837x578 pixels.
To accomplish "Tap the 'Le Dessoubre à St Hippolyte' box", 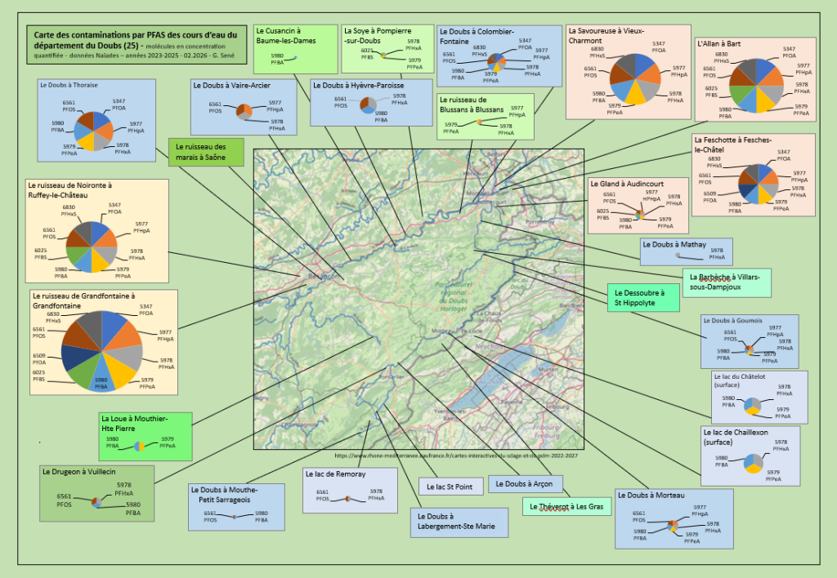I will click(x=643, y=297).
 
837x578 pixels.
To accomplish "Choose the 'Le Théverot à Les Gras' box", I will click(x=566, y=506).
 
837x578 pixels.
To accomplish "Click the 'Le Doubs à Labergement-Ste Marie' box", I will click(x=457, y=522).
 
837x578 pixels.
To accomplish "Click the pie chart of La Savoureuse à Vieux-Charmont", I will click(x=634, y=79).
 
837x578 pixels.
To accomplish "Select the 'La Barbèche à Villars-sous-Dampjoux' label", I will click(x=725, y=282).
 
